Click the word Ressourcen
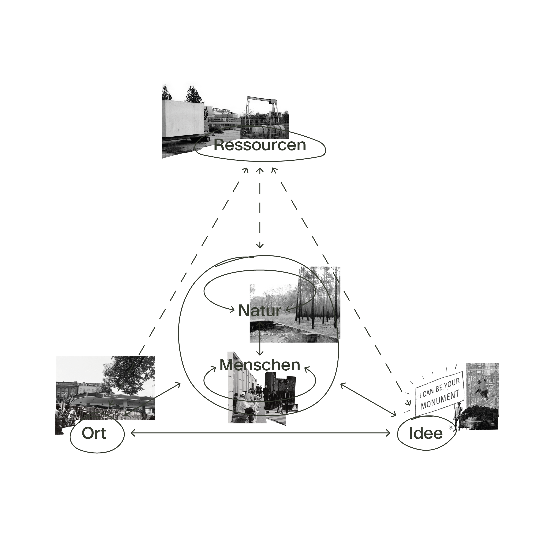tap(260, 145)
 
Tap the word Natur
tap(260, 311)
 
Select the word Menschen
tap(260, 365)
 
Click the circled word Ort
tap(94, 433)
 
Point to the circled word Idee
tap(426, 433)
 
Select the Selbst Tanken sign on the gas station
tap(111, 396)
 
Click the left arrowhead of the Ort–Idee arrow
tap(132, 433)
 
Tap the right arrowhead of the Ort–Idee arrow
tap(388, 433)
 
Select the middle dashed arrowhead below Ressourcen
tap(260, 170)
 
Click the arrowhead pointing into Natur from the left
tap(232, 309)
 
